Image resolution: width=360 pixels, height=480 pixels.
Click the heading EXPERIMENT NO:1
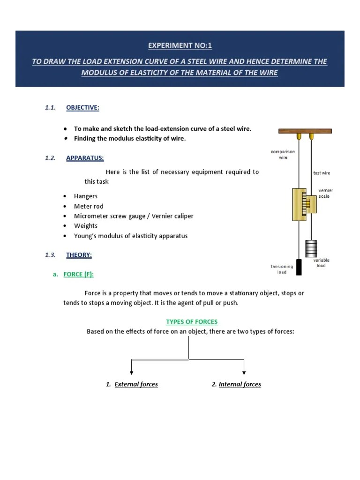pos(180,45)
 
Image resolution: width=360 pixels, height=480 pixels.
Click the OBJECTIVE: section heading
pos(82,107)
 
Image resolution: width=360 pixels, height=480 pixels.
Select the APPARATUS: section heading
pos(85,158)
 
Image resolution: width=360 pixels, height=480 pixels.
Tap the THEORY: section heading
pos(79,255)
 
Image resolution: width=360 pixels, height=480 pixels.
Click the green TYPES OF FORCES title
pos(192,322)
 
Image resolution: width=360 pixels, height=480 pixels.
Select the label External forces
pos(136,384)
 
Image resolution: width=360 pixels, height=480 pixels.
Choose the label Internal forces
pos(240,384)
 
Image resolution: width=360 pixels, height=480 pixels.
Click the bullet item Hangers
pos(86,196)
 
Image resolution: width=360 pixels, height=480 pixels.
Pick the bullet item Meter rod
pos(89,206)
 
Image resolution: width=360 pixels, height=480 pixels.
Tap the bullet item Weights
pos(86,226)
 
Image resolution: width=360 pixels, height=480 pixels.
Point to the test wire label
pos(321,173)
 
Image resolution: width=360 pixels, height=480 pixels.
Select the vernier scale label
pos(325,193)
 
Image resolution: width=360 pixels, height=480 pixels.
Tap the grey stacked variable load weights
pos(311,248)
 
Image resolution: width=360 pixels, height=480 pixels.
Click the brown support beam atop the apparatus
pos(305,131)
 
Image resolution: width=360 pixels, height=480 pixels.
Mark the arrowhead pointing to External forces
pos(132,372)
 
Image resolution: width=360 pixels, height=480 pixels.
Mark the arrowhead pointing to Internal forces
pos(244,372)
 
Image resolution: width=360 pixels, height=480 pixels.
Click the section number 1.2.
pos(50,158)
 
